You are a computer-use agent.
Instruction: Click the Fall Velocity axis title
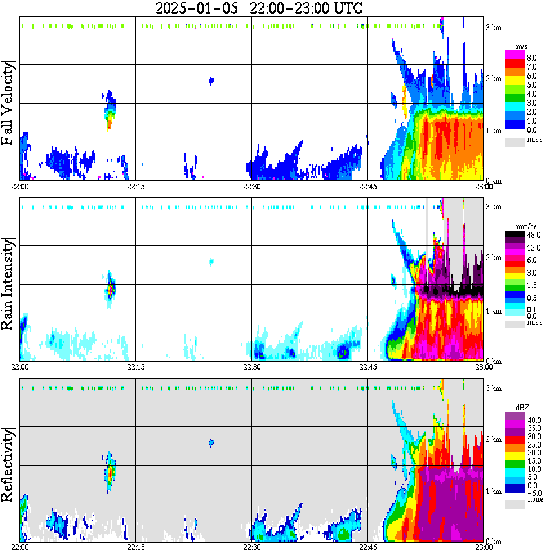click(x=9, y=104)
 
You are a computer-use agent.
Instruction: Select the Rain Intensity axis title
click(x=9, y=283)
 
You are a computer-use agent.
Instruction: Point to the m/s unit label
click(x=523, y=46)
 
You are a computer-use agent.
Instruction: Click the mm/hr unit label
click(x=522, y=227)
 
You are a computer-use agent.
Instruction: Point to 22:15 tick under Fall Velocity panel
click(x=135, y=187)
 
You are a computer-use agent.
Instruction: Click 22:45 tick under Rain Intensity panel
click(x=367, y=367)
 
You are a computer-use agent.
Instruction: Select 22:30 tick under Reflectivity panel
click(x=251, y=548)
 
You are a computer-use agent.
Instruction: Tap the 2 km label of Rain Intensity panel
click(x=494, y=258)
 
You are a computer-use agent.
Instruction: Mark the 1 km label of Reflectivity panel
click(x=494, y=491)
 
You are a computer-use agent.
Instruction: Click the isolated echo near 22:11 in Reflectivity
click(x=110, y=473)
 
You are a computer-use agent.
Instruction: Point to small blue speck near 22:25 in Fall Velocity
click(x=211, y=81)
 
